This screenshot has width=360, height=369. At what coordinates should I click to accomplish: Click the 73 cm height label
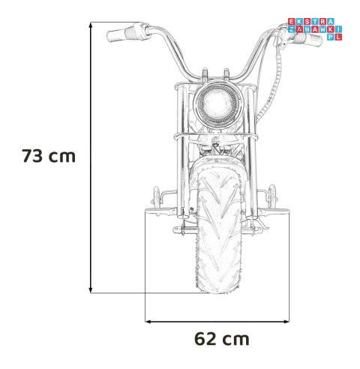(49, 157)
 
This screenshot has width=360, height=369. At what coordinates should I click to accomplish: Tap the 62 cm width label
(221, 338)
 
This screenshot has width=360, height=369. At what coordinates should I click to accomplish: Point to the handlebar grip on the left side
(121, 34)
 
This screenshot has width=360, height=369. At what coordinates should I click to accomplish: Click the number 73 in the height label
(34, 157)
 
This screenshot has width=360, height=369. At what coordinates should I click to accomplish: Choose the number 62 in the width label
(206, 338)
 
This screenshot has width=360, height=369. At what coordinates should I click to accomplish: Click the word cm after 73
(64, 157)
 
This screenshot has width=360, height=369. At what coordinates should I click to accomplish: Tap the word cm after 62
(236, 338)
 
